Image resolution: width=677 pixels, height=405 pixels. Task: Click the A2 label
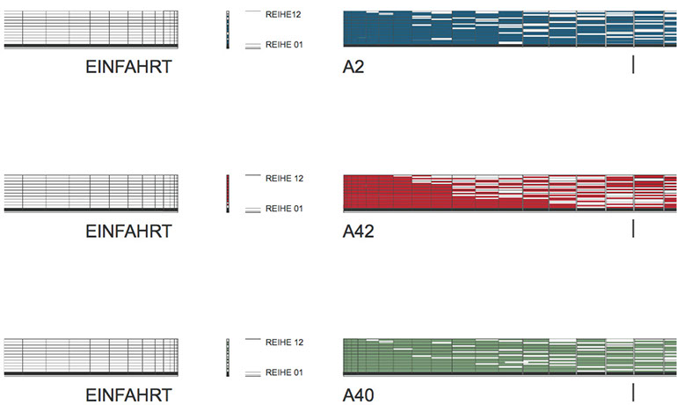[x=353, y=67]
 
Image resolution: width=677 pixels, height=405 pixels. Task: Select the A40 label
[x=359, y=395]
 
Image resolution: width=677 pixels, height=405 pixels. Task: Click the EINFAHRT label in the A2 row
[x=128, y=67]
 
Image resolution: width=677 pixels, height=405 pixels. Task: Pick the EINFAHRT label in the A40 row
[x=128, y=395]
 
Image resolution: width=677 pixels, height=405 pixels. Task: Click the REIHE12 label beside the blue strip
[x=284, y=14]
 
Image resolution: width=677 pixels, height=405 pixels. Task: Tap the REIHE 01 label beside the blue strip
[x=284, y=44]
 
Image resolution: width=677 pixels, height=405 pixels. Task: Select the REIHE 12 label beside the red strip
[x=284, y=179]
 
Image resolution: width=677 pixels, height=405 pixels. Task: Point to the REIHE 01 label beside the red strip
[x=284, y=209]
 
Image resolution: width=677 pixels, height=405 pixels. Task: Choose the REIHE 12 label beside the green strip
[x=284, y=342]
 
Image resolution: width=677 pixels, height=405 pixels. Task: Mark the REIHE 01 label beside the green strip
[x=284, y=372]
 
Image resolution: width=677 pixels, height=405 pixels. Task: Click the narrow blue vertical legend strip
[x=228, y=30]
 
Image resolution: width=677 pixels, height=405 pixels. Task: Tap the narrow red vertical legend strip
[x=228, y=193]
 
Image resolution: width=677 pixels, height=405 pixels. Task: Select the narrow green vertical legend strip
[x=228, y=357]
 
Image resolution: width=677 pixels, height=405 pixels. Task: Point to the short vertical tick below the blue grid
[x=633, y=64]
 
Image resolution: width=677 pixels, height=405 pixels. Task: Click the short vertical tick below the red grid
[x=633, y=229]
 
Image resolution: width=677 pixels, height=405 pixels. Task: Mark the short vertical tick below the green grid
[x=633, y=392]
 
